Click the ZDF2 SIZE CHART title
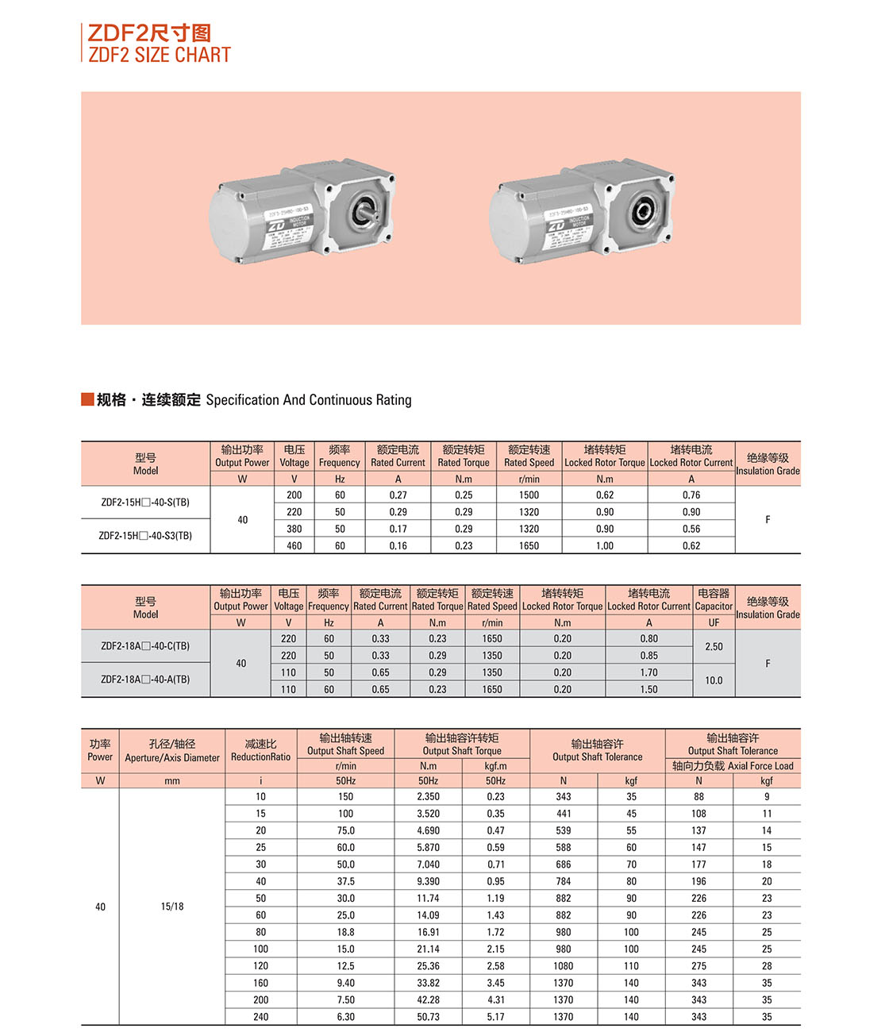click(x=159, y=55)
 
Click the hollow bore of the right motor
click(x=641, y=211)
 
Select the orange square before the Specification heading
click(x=87, y=399)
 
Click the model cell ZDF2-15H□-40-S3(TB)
click(x=145, y=536)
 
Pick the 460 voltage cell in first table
click(x=294, y=546)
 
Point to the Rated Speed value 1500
click(x=529, y=495)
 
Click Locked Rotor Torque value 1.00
click(x=605, y=546)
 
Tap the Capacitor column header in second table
click(x=714, y=600)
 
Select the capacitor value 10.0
click(x=714, y=681)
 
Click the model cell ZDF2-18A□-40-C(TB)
click(x=145, y=646)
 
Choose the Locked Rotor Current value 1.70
click(x=648, y=673)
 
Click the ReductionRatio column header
click(x=260, y=751)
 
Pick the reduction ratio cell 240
click(x=261, y=1017)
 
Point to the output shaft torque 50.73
click(x=428, y=1017)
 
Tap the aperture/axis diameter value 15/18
click(x=172, y=907)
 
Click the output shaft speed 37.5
click(x=346, y=882)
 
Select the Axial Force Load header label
click(x=733, y=766)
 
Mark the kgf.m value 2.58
click(x=495, y=966)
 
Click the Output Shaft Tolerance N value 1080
click(x=564, y=966)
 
